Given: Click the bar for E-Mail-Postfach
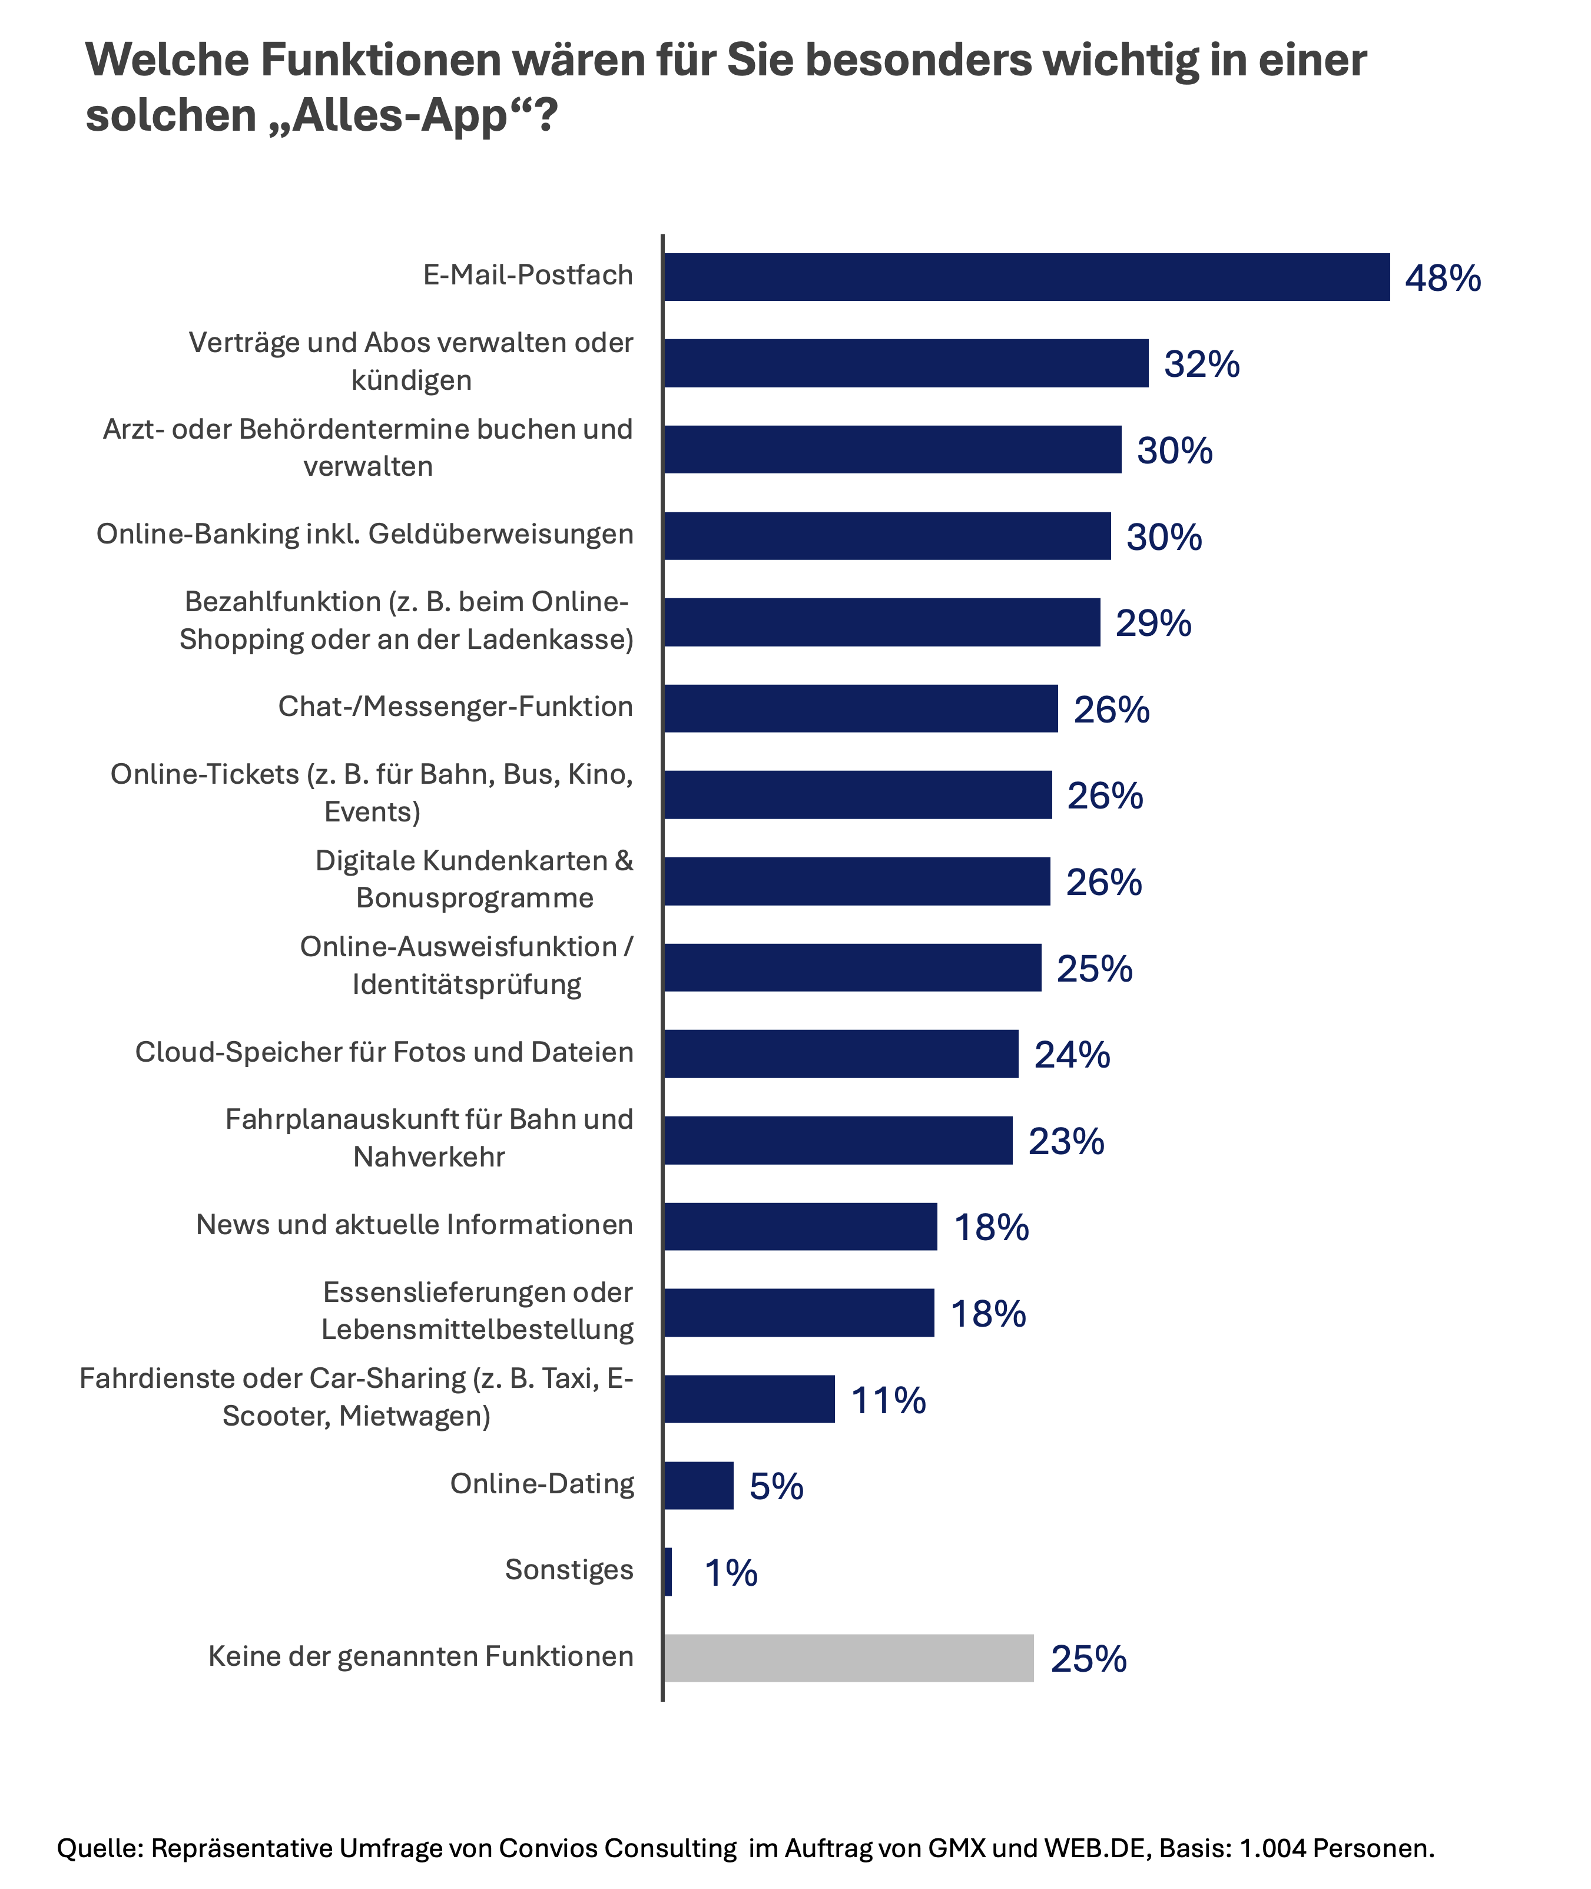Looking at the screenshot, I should coord(1026,277).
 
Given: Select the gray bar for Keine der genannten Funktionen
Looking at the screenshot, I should coord(848,1658).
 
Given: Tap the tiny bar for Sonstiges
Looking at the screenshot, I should coord(667,1572).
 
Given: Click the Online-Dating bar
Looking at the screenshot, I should coord(699,1486).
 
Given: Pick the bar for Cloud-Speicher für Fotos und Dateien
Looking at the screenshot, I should coord(841,1053).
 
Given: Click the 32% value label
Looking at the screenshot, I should coord(1201,364).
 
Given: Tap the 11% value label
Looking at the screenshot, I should coord(889,1401).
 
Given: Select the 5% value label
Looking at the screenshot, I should coord(775,1487).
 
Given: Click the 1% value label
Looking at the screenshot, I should coord(731,1573).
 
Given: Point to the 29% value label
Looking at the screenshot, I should coord(1153,624).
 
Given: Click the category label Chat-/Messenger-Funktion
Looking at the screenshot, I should coord(456,707).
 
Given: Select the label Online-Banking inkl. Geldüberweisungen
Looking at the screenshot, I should coord(365,534).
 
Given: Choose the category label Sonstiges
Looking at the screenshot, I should coord(569,1570).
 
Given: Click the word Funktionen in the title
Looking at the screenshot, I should coord(380,61).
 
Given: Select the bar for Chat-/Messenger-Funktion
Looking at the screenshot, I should coord(860,708).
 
